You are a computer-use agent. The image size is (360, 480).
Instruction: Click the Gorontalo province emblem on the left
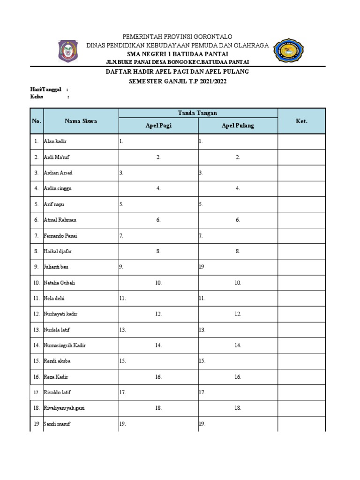point(68,51)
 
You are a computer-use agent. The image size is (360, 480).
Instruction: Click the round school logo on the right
point(288,51)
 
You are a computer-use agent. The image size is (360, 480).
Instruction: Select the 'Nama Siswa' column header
point(81,121)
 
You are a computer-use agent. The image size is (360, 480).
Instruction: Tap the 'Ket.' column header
point(301,121)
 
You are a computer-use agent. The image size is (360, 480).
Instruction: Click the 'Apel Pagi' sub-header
point(158,126)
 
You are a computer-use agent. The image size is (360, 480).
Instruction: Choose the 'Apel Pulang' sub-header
point(238,126)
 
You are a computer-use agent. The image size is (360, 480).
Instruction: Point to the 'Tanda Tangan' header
point(197,112)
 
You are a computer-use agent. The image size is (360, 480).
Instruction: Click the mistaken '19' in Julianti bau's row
point(202,267)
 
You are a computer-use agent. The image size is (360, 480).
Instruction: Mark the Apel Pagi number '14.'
point(158,345)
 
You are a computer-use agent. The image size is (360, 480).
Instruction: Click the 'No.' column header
point(37,121)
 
